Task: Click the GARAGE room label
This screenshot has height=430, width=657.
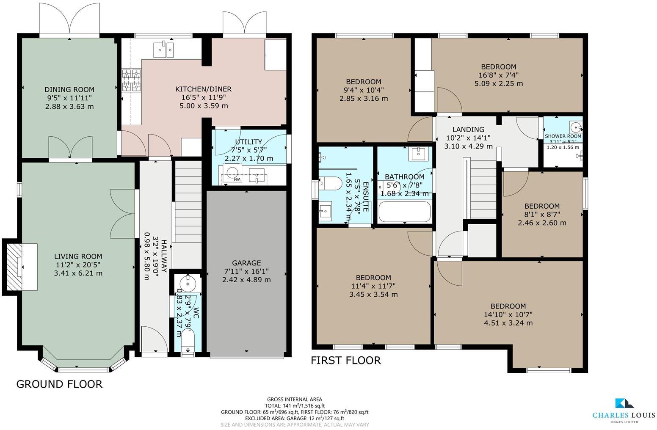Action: click(246, 263)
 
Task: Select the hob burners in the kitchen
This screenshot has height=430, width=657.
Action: click(131, 80)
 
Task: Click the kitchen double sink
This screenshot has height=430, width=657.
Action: click(164, 49)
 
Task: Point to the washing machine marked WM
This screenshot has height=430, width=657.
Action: click(232, 174)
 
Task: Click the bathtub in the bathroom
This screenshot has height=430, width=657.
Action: click(405, 212)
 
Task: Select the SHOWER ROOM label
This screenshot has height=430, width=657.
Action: click(563, 136)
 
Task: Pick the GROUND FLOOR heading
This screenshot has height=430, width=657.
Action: click(59, 384)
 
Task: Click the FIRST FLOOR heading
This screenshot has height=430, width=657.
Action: click(346, 361)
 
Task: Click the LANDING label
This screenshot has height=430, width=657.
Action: click(468, 130)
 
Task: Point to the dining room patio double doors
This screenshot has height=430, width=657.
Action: click(70, 19)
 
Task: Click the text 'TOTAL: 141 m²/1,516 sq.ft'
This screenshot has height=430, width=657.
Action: click(294, 405)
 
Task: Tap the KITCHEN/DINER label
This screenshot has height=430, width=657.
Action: click(204, 89)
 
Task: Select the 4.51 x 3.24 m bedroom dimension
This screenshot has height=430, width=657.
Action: click(508, 323)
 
